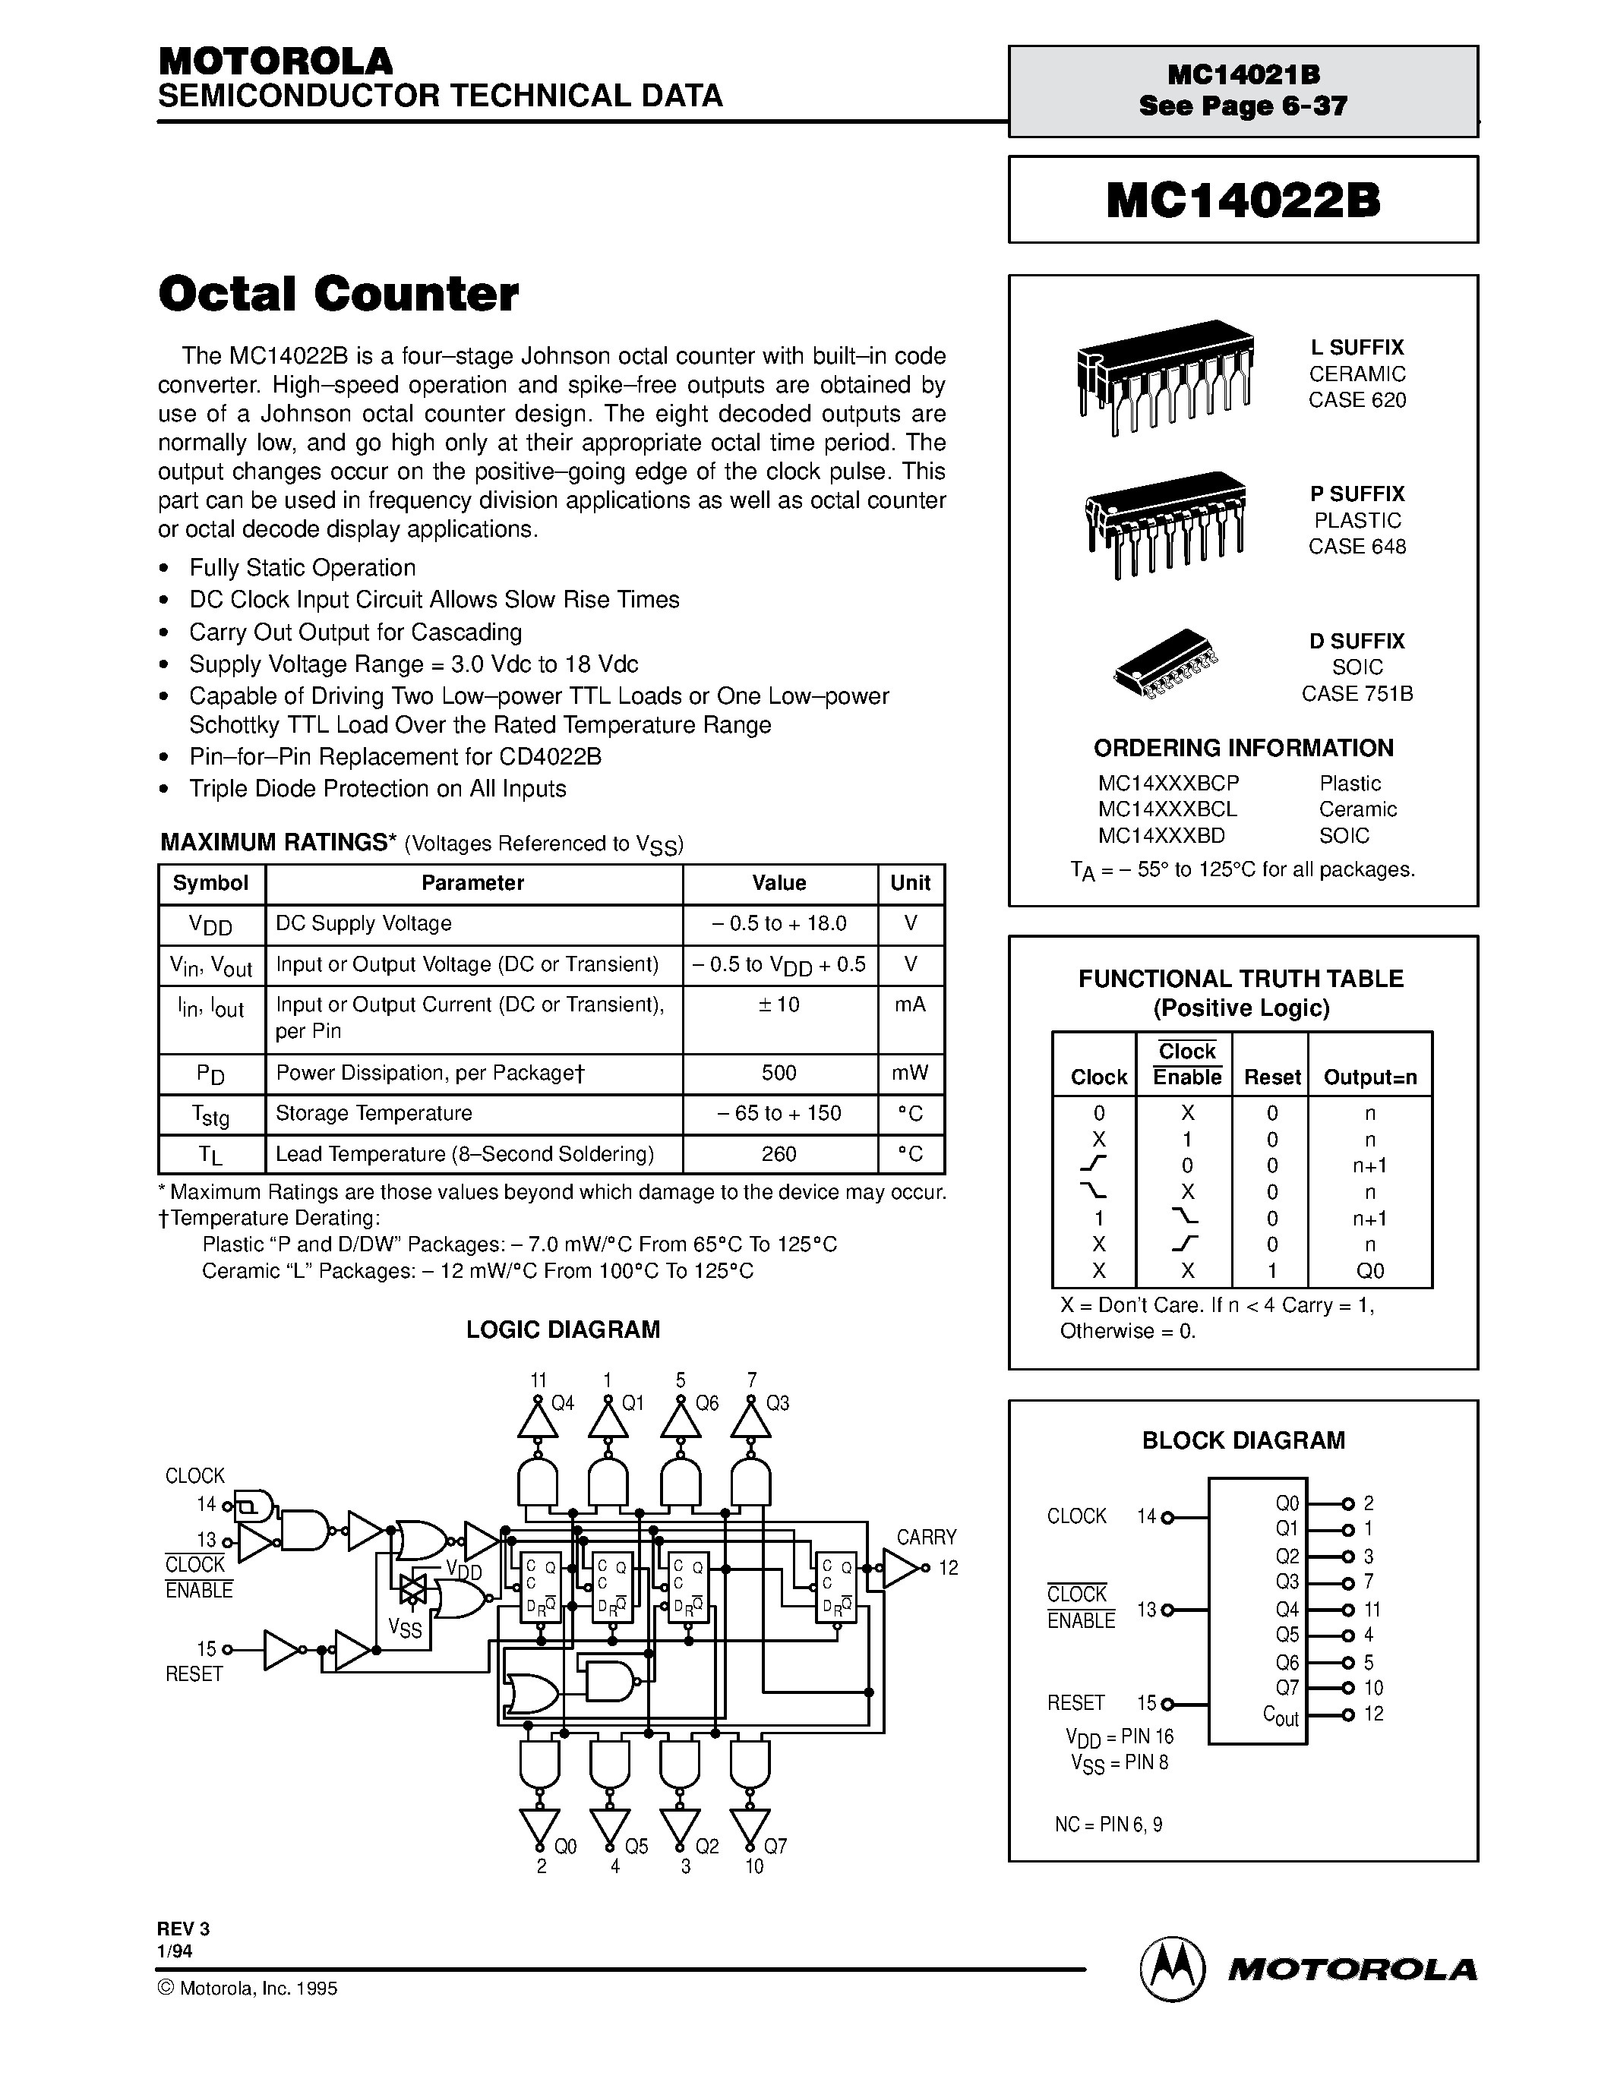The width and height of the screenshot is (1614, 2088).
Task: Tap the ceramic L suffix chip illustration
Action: (1164, 376)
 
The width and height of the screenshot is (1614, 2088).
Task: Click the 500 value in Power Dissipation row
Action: (779, 1073)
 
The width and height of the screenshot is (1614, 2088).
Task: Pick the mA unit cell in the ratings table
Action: (909, 1005)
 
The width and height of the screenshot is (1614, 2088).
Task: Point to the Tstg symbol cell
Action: (210, 1115)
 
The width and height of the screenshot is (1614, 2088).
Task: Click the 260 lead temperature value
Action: (779, 1154)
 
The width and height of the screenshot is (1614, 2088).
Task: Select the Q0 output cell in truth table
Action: (1369, 1270)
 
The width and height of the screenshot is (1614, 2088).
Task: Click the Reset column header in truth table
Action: (1271, 1077)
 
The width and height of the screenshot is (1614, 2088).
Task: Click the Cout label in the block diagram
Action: (1281, 1716)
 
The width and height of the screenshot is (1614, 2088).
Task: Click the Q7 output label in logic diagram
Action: (775, 1846)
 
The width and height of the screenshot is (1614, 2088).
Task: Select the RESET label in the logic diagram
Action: (194, 1674)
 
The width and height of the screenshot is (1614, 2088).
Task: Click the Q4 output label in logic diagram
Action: (562, 1403)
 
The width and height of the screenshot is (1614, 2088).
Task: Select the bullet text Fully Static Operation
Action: (302, 568)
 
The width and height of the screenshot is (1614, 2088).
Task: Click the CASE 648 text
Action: (1357, 547)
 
